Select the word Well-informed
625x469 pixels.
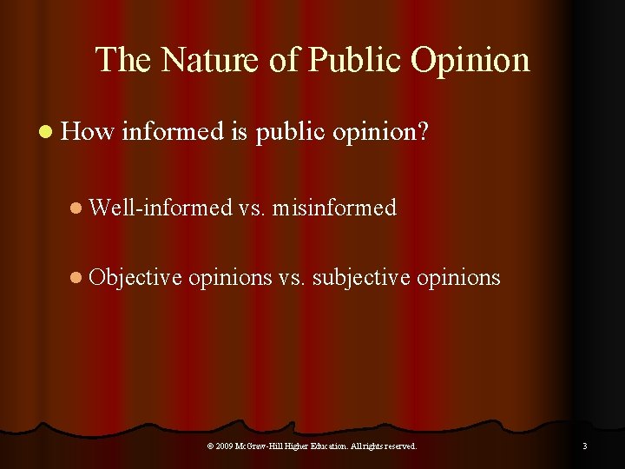(161, 208)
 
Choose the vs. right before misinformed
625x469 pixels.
(251, 208)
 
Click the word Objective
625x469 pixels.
(135, 277)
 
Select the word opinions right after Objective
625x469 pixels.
(230, 277)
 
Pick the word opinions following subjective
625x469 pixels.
(458, 277)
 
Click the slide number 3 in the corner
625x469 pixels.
(584, 446)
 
